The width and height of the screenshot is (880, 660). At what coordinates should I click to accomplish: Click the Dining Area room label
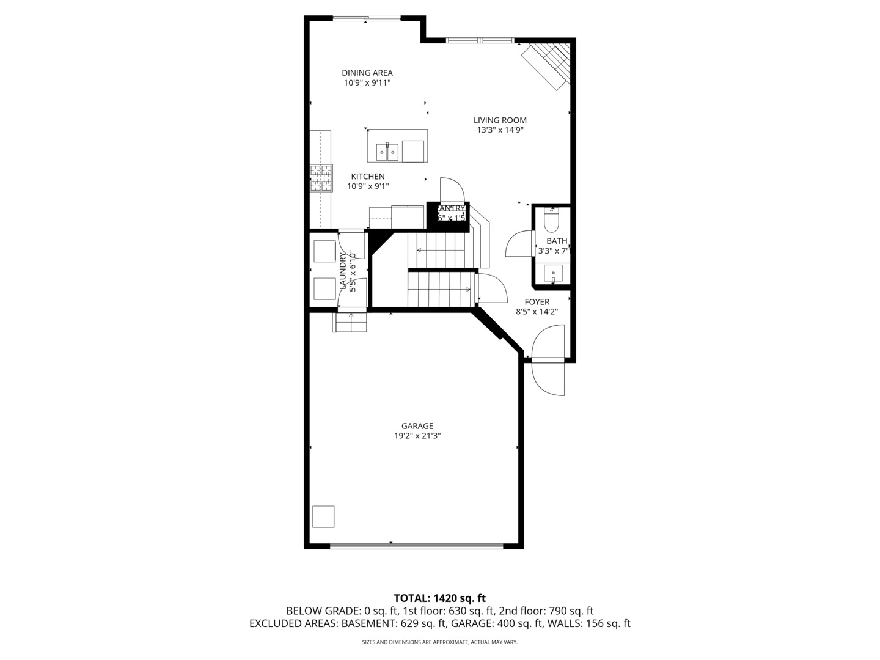[x=367, y=73]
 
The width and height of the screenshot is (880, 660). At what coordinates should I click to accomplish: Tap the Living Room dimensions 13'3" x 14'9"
[x=500, y=130]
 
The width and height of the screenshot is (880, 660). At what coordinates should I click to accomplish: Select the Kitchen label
[x=367, y=177]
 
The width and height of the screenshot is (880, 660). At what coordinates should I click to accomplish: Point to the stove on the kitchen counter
[x=321, y=178]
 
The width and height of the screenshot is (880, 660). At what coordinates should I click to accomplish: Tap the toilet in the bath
[x=552, y=218]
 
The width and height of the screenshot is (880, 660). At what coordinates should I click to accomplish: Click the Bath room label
[x=556, y=241]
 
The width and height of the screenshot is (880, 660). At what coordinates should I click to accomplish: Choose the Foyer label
[x=537, y=302]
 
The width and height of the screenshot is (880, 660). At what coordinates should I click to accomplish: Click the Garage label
[x=417, y=426]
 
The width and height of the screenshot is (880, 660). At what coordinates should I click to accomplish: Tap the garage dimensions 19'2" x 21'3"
[x=417, y=436]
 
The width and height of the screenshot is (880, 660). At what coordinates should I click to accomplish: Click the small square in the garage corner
[x=323, y=516]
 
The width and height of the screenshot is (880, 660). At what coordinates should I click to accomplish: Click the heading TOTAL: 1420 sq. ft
[x=439, y=598]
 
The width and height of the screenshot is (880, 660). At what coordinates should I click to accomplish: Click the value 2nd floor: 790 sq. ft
[x=546, y=610]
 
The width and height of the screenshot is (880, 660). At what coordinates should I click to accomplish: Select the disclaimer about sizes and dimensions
[x=439, y=642]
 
